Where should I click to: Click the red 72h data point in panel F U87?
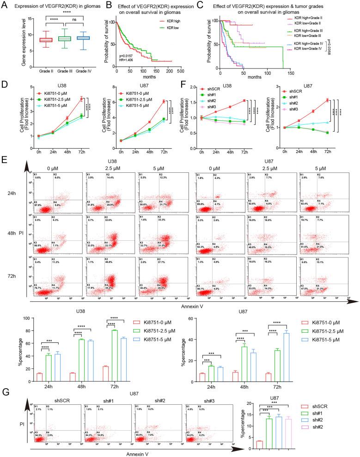tap(327, 100)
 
